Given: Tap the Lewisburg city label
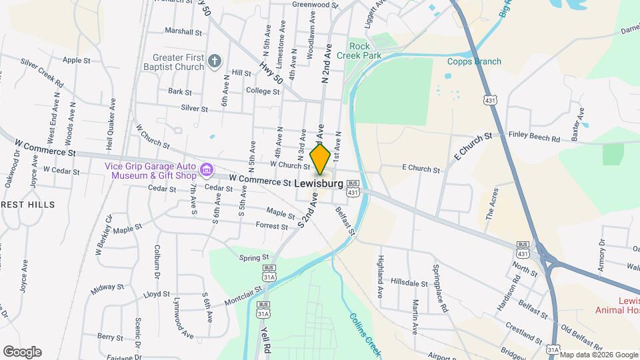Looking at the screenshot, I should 318,183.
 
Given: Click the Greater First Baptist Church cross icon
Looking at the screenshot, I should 214,62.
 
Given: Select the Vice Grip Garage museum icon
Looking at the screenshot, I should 207,171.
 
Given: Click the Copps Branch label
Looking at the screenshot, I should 474,62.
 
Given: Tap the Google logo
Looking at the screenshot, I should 22,351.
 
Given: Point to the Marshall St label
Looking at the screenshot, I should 183,31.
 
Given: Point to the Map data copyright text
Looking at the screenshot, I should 599,355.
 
